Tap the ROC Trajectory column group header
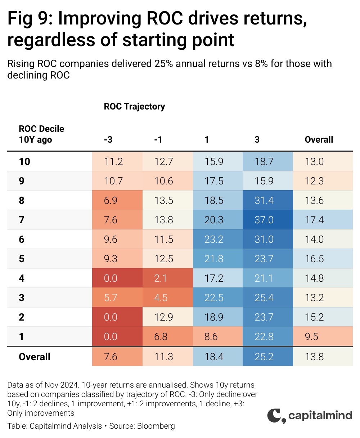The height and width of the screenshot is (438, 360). (134, 107)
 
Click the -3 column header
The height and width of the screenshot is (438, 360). (108, 139)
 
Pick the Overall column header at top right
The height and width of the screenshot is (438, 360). (319, 139)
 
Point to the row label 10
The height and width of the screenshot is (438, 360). (24, 162)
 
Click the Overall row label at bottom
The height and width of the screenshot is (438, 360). (35, 357)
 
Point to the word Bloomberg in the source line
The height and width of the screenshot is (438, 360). (156, 426)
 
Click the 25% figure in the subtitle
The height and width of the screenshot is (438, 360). (163, 63)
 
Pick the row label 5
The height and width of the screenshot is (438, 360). (22, 259)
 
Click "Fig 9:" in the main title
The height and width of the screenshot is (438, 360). (30, 18)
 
